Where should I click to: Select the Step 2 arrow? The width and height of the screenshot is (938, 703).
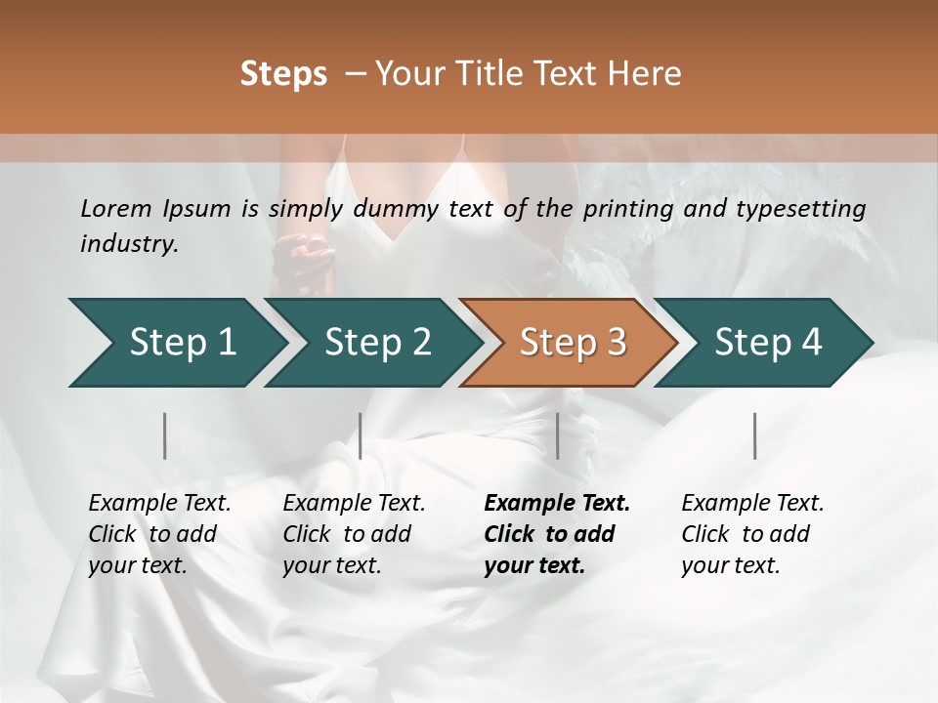click(x=377, y=343)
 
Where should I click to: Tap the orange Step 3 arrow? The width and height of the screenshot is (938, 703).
click(x=573, y=343)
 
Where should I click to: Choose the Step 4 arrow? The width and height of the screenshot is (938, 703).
click(x=768, y=343)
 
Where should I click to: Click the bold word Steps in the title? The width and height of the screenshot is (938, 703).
click(x=283, y=73)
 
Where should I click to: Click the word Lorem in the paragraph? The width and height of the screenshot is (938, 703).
click(x=116, y=208)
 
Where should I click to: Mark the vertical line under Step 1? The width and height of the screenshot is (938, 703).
click(x=165, y=435)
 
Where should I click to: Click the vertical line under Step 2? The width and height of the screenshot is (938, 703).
click(x=361, y=435)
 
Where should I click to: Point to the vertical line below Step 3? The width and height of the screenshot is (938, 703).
click(x=558, y=435)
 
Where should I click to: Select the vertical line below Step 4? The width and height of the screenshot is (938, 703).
click(x=755, y=435)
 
